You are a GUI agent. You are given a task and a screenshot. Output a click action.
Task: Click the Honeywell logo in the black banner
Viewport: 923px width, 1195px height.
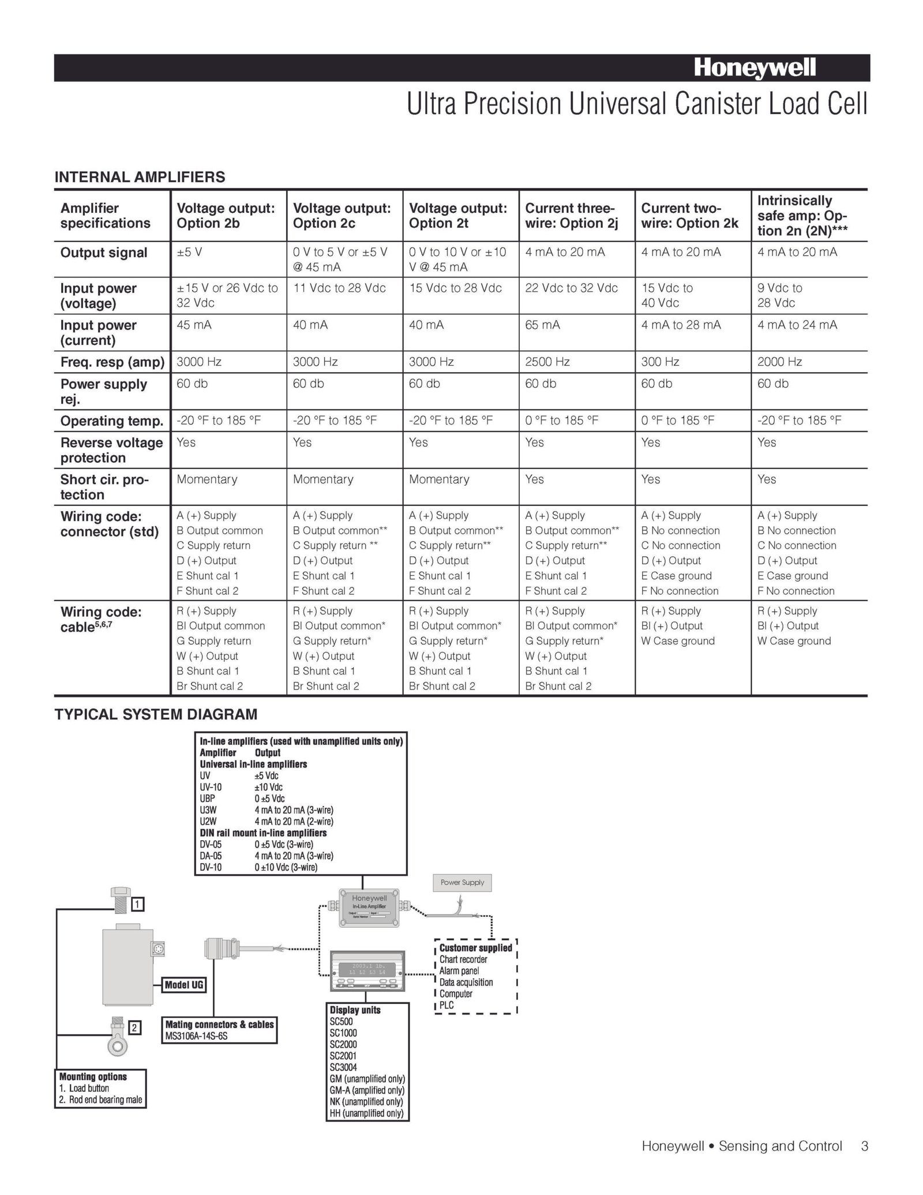pos(755,68)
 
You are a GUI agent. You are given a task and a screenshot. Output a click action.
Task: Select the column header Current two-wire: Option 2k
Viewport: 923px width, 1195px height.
pos(689,216)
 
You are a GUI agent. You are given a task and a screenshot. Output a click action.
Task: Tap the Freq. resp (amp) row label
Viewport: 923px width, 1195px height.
pos(112,362)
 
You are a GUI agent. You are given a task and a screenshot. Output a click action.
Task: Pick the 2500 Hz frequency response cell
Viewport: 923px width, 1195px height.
pos(547,362)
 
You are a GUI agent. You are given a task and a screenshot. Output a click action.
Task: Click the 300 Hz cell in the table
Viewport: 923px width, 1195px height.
pos(660,362)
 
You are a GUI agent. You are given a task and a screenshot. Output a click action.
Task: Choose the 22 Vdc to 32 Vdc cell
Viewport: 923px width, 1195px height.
pos(571,288)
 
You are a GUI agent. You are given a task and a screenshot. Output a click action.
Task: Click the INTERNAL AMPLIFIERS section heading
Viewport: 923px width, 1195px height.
pos(140,177)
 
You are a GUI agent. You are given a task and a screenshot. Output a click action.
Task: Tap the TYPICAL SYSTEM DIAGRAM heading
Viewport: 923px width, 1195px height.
pos(156,714)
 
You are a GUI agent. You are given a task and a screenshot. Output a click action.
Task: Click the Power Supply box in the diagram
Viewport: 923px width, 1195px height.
pos(462,882)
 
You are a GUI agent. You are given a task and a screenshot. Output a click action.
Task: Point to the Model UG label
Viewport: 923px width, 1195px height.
pos(183,984)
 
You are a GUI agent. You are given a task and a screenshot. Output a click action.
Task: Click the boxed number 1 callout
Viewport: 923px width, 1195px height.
pos(138,905)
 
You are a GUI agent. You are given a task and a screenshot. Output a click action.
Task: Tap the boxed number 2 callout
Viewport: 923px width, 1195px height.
pos(134,1028)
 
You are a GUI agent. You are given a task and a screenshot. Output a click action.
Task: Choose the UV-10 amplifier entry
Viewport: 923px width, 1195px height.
pos(211,787)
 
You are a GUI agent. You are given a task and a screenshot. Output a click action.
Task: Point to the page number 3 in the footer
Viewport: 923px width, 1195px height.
pos(864,1146)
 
